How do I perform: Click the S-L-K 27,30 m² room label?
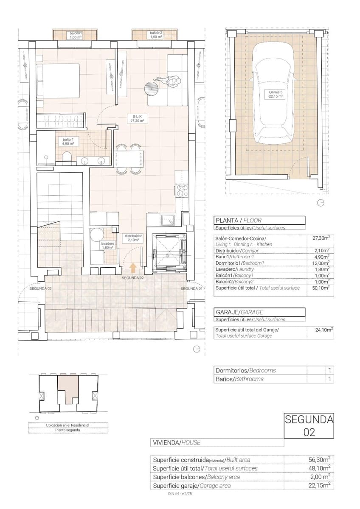coord(138,118)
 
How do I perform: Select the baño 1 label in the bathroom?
coord(69,142)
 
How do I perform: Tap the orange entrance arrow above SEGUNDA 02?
coord(133,267)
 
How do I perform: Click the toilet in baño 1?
coord(66,159)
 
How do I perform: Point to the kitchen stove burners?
coord(183,190)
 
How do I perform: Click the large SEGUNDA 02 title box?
coord(309,425)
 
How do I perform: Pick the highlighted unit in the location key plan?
coord(68,388)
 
